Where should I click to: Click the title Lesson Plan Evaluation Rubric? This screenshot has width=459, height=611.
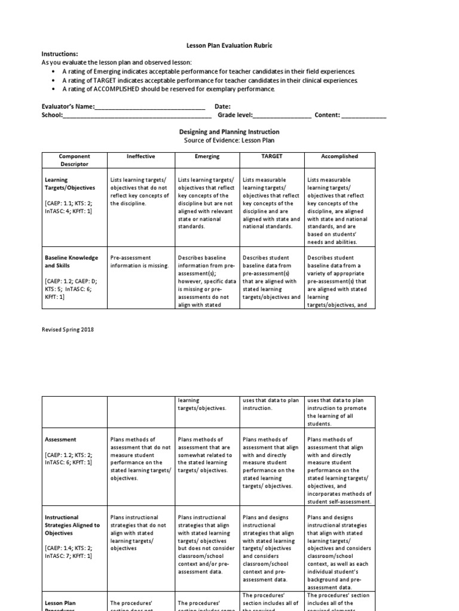point(229,45)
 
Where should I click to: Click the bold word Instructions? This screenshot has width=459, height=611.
point(60,54)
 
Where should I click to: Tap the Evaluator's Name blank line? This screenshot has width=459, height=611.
point(149,107)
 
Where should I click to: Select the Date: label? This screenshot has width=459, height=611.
point(223,107)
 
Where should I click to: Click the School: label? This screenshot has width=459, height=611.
point(52,115)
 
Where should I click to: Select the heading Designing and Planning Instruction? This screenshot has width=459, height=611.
point(229,132)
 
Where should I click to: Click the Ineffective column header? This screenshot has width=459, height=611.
point(140,156)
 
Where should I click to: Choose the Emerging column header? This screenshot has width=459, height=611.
point(207,156)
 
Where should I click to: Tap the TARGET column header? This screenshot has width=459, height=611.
point(271,156)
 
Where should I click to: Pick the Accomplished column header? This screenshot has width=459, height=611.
point(339,156)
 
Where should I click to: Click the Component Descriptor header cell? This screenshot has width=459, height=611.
point(74,160)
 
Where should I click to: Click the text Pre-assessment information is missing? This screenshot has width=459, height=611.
point(139,261)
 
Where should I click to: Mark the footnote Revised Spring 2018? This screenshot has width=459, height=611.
point(68,329)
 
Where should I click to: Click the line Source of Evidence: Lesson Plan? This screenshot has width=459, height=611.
point(229,140)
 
